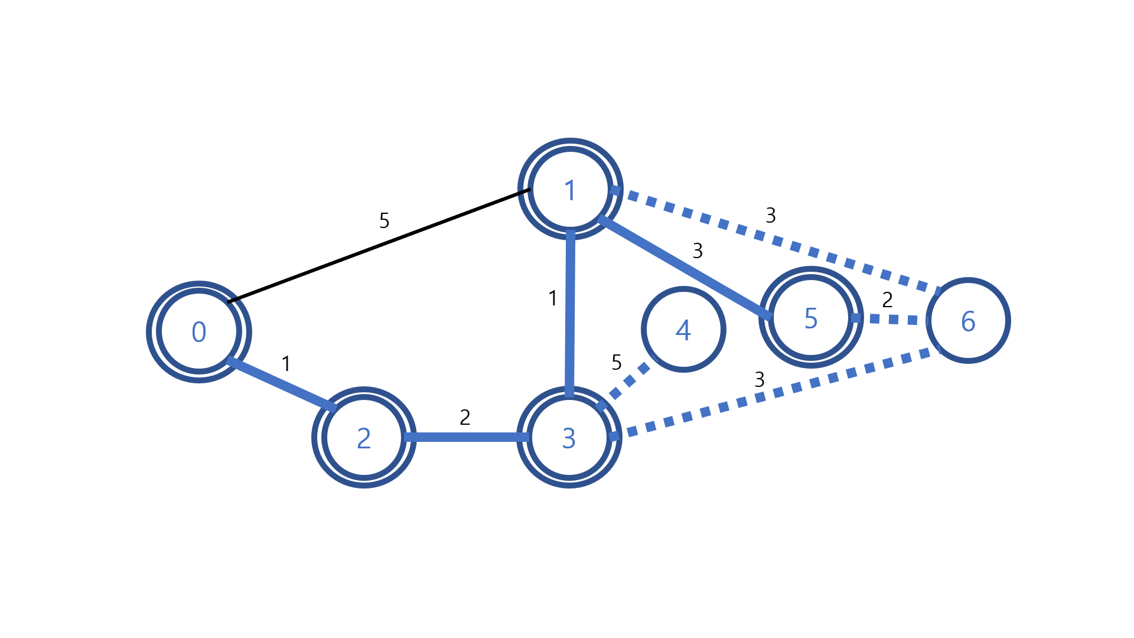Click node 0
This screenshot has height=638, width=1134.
[199, 332]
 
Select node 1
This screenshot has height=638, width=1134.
[570, 189]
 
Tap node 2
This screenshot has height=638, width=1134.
[364, 438]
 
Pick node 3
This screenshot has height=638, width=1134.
[569, 438]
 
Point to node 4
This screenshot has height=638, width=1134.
[683, 330]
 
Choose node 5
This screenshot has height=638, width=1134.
[811, 318]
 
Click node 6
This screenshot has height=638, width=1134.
[968, 321]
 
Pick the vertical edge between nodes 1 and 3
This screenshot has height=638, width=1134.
[570, 313]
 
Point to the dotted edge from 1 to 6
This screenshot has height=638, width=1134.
[777, 240]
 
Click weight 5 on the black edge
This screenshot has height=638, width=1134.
[384, 221]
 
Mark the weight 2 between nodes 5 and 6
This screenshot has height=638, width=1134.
[887, 300]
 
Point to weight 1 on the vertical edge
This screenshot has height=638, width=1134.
[553, 298]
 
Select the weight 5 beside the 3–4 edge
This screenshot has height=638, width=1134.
[617, 362]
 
